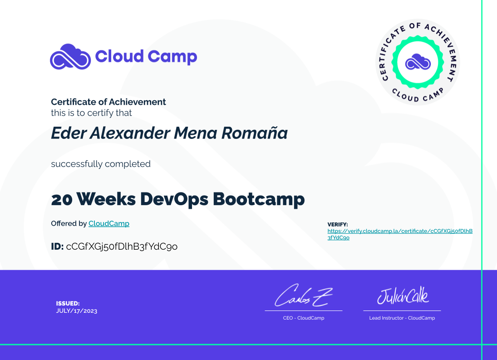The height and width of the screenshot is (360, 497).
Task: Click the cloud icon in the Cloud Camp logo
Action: [x=70, y=57]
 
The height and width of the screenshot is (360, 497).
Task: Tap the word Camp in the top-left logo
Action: [x=172, y=57]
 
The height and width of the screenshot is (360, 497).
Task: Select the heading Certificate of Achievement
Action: [x=108, y=102]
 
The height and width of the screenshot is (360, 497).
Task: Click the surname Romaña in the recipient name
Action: [x=255, y=133]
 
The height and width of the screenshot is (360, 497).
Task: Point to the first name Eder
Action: [x=69, y=133]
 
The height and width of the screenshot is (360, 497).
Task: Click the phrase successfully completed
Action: [x=101, y=164]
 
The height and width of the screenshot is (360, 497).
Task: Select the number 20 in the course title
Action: [x=62, y=199]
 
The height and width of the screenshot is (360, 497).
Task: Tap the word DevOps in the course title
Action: [x=174, y=199]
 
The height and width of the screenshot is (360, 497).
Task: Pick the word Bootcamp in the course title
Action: [x=259, y=199]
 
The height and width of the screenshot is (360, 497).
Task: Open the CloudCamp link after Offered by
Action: [x=109, y=223]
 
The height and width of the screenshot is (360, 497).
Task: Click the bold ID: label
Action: [x=57, y=246]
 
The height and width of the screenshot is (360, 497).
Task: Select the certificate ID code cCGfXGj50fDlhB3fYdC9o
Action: [x=122, y=247]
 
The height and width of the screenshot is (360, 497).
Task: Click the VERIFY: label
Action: [x=338, y=224]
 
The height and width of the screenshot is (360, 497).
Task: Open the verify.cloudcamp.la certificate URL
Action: [x=400, y=234]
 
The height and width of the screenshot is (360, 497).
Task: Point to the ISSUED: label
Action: [x=68, y=303]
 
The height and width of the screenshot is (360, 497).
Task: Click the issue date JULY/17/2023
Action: [x=77, y=311]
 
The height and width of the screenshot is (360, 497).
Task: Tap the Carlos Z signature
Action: [x=304, y=296]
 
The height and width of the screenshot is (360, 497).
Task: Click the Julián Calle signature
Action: [x=403, y=296]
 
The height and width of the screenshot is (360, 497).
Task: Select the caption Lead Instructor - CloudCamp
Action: [x=402, y=318]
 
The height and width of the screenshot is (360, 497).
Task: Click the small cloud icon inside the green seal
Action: [x=418, y=62]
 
